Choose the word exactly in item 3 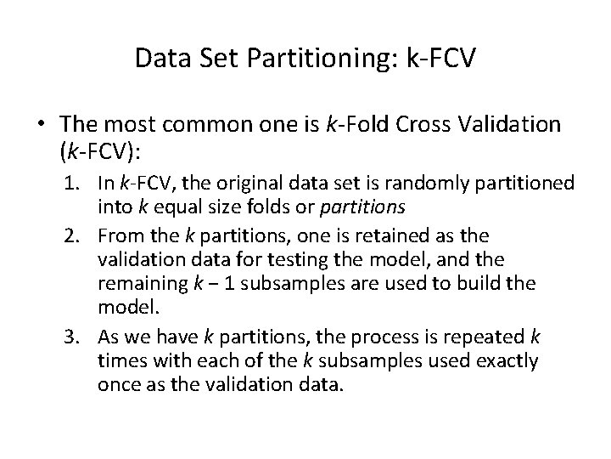point(498,360)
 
